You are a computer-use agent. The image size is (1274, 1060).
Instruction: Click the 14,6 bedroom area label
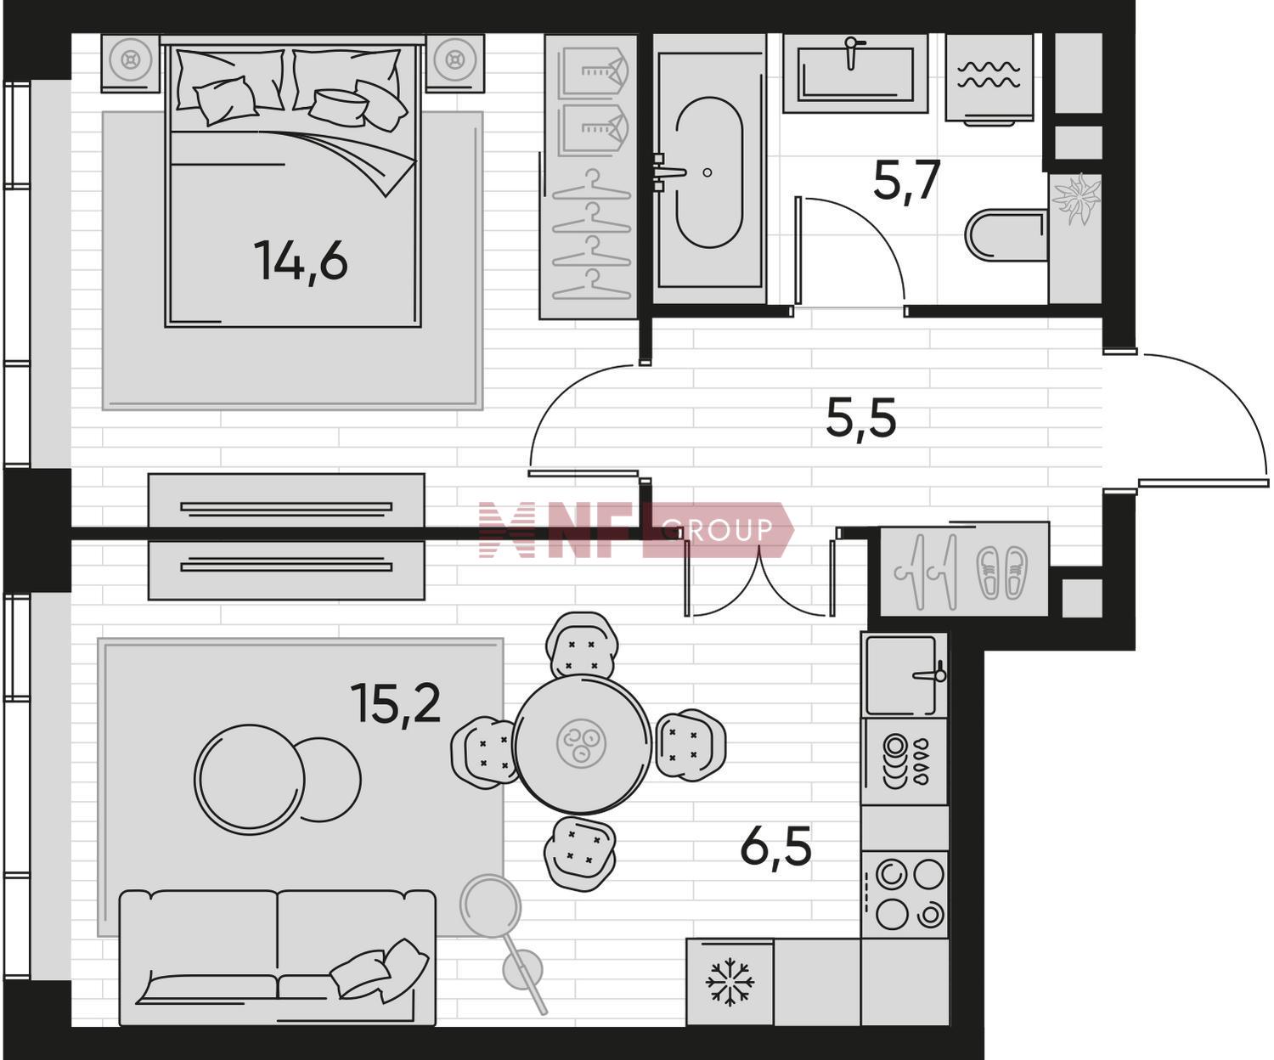click(301, 262)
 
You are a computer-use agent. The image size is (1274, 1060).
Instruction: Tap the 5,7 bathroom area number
click(906, 181)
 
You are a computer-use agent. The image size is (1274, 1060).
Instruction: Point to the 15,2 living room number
click(396, 704)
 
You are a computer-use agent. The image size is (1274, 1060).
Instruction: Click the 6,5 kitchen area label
click(775, 846)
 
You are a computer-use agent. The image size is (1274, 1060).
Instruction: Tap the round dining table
click(582, 744)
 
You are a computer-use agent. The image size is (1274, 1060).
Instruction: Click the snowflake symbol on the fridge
click(729, 982)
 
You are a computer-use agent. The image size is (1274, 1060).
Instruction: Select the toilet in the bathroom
click(1006, 235)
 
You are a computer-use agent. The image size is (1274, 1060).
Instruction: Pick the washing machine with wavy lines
click(989, 79)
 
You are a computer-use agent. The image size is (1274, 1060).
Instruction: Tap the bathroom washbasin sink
click(855, 74)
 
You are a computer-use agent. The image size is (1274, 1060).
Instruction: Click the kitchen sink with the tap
click(905, 675)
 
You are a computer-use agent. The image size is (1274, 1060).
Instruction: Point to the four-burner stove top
click(905, 894)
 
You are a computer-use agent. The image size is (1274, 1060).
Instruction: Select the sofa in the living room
click(278, 957)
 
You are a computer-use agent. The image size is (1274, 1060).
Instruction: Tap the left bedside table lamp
click(131, 59)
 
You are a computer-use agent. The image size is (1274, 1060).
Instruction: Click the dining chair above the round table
click(582, 645)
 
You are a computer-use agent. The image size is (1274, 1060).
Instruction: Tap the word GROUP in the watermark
click(718, 530)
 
